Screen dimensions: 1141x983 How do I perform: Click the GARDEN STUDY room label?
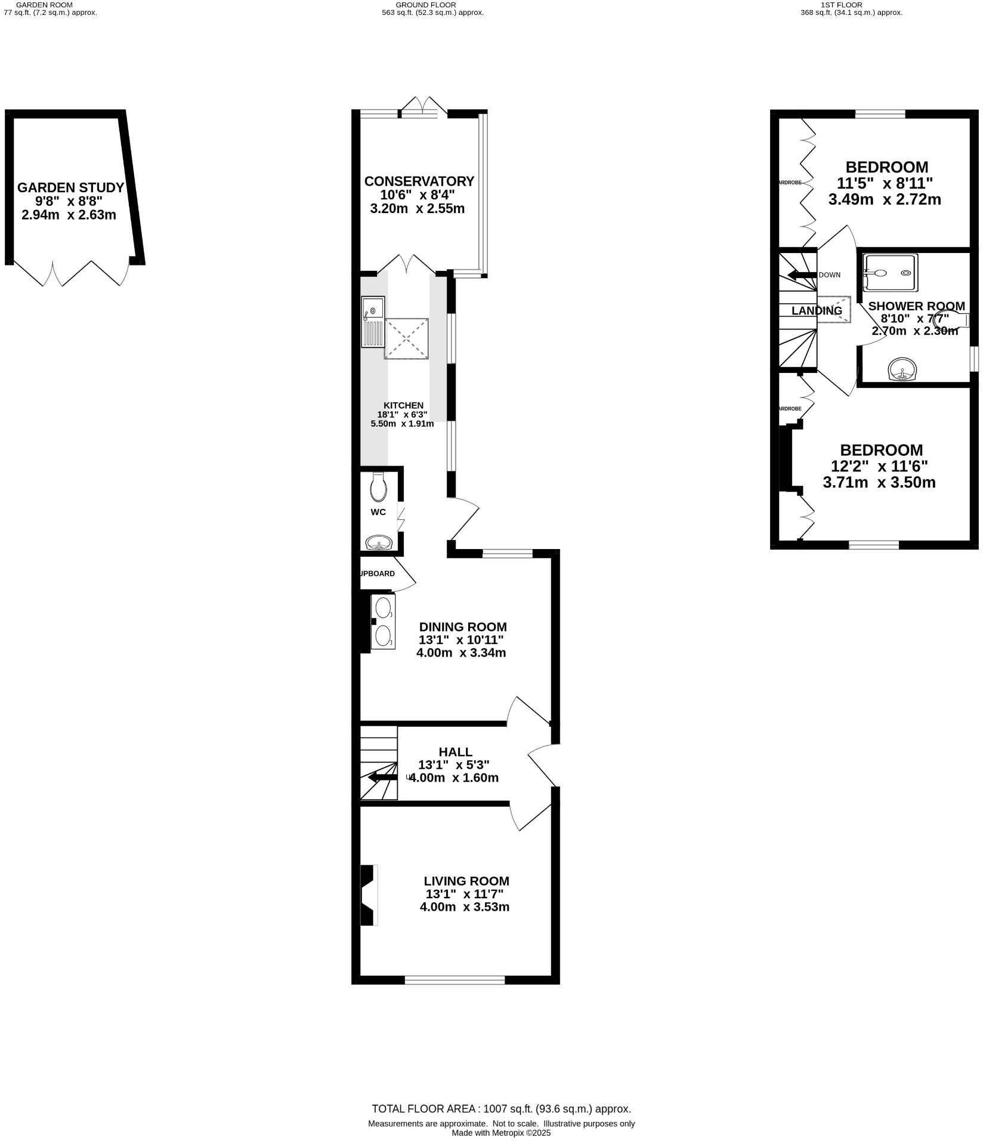click(x=70, y=187)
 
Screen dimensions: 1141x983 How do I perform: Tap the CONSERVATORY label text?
click(x=419, y=181)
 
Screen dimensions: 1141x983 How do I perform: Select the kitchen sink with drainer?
click(x=373, y=322)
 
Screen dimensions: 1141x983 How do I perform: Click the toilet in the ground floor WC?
click(x=378, y=488)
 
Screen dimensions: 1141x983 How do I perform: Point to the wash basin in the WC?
click(x=378, y=543)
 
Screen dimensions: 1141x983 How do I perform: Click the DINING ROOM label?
click(x=462, y=627)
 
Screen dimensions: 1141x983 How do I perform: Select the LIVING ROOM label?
click(x=466, y=881)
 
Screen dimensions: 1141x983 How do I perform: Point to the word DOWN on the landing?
click(x=829, y=275)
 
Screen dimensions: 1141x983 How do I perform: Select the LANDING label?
click(x=817, y=311)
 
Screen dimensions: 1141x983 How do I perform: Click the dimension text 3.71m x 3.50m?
click(x=879, y=482)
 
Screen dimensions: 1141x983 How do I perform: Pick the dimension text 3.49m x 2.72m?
click(x=885, y=199)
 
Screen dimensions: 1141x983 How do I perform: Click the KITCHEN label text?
click(x=403, y=406)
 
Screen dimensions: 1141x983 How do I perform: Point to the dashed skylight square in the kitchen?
click(x=406, y=339)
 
